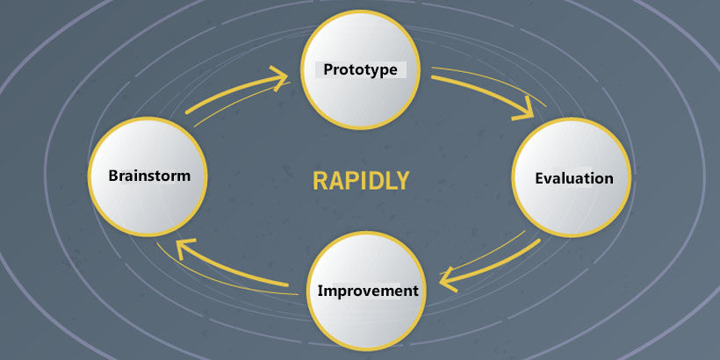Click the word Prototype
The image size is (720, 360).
(x=360, y=69)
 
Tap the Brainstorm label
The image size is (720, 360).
(x=148, y=175)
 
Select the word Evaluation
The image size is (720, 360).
(x=573, y=178)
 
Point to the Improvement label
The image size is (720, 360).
(x=367, y=290)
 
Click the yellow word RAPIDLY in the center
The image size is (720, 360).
(x=361, y=181)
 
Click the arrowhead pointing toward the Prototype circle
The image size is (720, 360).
(x=279, y=78)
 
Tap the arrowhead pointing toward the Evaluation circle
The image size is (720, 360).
(x=525, y=111)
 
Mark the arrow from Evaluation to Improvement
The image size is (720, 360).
(x=492, y=263)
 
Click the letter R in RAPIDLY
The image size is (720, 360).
(x=320, y=181)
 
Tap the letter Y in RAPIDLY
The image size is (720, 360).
(x=403, y=181)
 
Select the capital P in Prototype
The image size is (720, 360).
(x=328, y=69)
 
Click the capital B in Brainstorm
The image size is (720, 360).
(x=113, y=175)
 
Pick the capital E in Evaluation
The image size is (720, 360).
(x=540, y=178)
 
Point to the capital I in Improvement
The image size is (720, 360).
(x=320, y=290)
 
